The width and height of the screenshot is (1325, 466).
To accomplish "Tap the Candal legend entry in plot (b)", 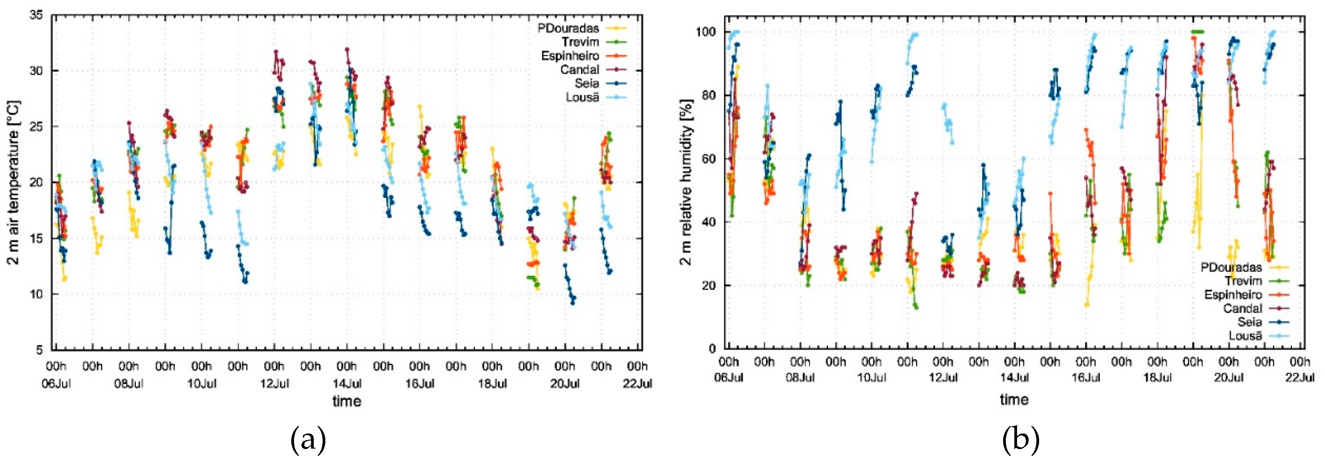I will click(1242, 308).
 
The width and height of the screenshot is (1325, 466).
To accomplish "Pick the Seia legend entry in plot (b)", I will click(1250, 322).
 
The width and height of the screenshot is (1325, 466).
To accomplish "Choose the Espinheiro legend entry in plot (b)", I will click(1233, 295).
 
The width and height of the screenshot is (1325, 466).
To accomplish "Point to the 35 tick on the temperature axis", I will click(36, 15).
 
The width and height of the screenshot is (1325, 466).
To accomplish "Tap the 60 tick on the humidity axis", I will click(710, 159).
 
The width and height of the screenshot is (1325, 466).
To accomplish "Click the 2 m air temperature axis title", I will click(14, 182).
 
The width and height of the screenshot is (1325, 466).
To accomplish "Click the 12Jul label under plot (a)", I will click(274, 384).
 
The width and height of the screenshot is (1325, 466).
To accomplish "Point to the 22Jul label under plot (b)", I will click(1300, 377).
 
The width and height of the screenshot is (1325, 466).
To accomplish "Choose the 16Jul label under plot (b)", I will click(1086, 377).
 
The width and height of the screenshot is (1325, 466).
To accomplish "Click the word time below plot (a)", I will click(347, 401).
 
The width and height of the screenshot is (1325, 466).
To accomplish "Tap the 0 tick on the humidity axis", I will click(712, 349).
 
